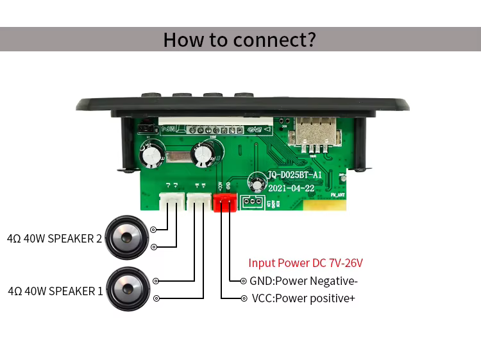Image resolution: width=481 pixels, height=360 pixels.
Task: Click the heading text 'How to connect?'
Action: (x=239, y=39)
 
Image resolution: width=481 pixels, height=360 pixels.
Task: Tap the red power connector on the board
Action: (x=225, y=202)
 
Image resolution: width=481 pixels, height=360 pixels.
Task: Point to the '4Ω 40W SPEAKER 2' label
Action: (x=55, y=239)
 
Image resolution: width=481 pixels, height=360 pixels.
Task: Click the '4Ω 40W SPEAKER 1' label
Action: (x=55, y=291)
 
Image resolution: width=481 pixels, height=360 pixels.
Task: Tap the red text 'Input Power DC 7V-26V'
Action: (x=305, y=263)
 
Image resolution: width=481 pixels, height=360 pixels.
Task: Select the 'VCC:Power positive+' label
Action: (x=303, y=298)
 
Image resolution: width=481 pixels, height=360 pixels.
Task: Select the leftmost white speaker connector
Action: (x=172, y=201)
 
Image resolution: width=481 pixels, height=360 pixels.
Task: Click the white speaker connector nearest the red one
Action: (x=198, y=201)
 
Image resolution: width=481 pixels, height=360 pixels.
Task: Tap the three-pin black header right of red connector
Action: (x=252, y=203)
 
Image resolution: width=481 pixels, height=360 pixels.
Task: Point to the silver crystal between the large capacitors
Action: (x=181, y=155)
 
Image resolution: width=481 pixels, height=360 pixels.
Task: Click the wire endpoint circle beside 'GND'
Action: (x=243, y=281)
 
